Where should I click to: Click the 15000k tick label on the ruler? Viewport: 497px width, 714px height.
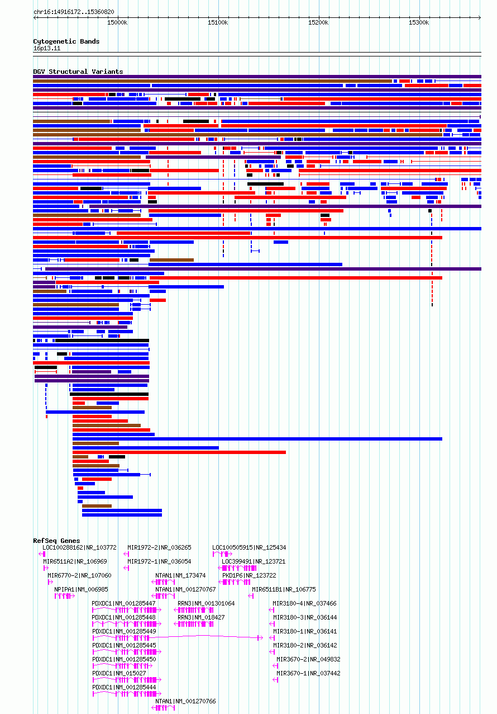117,22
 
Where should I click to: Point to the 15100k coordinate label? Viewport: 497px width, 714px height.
218,22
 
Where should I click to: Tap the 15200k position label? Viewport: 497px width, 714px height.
318,22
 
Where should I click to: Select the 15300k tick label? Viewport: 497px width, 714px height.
419,22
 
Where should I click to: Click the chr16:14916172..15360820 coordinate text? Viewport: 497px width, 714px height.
74,12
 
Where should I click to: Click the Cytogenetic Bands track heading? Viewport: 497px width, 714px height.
66,41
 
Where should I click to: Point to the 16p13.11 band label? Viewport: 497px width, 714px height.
47,48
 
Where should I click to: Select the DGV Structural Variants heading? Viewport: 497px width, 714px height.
78,72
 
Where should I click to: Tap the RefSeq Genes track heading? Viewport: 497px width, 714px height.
56,541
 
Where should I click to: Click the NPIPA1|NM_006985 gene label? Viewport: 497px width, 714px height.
81,589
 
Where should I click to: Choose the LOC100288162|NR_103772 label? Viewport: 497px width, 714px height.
80,547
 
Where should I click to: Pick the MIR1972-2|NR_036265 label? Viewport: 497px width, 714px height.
160,547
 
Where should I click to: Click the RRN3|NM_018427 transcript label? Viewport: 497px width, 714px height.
201,617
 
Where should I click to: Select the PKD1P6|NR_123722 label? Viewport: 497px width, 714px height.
249,575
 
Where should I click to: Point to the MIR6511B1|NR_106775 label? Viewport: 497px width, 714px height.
284,589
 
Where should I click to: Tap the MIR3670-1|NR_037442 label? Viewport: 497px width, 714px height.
308,673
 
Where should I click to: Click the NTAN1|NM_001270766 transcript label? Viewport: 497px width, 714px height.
185,701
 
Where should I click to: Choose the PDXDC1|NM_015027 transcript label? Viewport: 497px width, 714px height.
119,673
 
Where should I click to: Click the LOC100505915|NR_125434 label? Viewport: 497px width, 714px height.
249,547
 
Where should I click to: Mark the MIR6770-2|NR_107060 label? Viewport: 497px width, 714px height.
80,575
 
